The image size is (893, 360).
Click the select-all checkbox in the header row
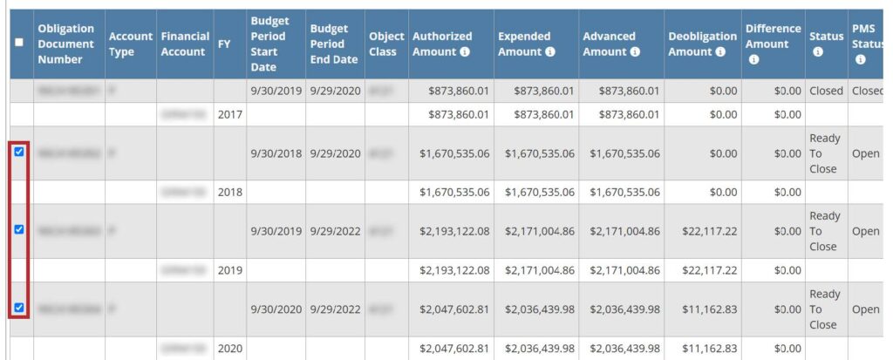click(x=19, y=43)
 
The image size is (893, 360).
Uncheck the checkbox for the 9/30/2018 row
click(x=19, y=153)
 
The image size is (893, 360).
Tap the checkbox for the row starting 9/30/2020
click(x=19, y=308)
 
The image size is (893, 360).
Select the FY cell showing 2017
click(x=230, y=114)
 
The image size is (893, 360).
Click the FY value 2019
click(x=230, y=270)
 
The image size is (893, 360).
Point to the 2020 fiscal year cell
click(x=230, y=349)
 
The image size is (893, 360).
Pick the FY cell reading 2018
click(x=230, y=192)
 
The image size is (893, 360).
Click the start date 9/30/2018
click(x=276, y=153)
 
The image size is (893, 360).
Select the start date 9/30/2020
click(x=276, y=309)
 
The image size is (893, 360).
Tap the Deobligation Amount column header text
click(x=702, y=44)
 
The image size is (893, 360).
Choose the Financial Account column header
click(x=185, y=44)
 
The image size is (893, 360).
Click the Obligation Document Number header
click(x=65, y=44)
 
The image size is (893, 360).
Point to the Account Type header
click(x=130, y=44)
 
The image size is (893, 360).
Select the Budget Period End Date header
click(x=334, y=44)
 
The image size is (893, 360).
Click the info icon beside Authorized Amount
click(x=465, y=51)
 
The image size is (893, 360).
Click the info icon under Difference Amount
click(x=754, y=59)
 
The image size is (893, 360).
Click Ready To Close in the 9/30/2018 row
click(x=824, y=153)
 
